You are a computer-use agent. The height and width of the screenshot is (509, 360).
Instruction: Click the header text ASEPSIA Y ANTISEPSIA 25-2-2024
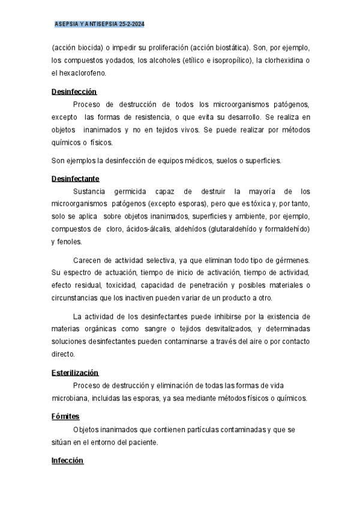(100, 24)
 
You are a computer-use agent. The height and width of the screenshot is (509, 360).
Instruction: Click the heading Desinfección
(74, 92)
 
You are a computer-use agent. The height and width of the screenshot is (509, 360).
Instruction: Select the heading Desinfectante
(75, 179)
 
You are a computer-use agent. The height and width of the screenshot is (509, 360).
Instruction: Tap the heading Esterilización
(74, 373)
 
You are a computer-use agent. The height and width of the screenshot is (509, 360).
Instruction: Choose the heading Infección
(67, 460)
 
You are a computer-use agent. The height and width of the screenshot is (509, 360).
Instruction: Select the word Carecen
(88, 260)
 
